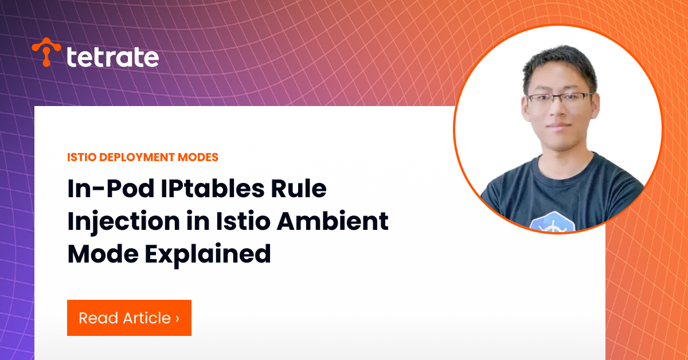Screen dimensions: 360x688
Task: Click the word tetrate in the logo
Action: (112, 57)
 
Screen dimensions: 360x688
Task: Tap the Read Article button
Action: (129, 318)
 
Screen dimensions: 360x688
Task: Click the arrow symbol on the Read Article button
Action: (177, 318)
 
